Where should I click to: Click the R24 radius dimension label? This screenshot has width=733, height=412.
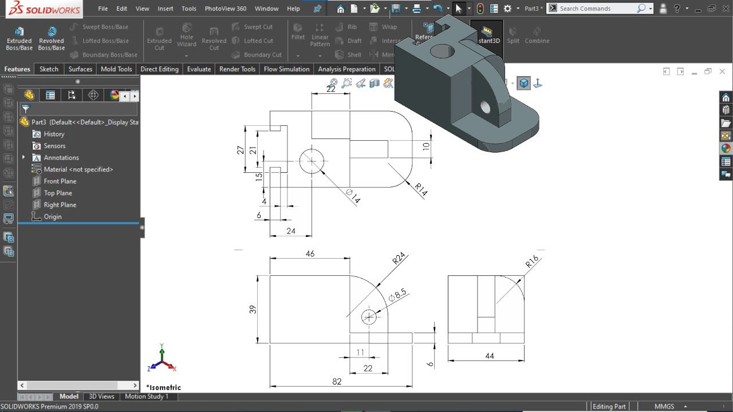coord(399,258)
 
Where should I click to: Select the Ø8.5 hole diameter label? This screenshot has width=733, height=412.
coord(397,295)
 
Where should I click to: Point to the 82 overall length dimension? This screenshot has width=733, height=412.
coord(337,381)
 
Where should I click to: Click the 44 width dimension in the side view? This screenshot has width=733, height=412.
coord(489,356)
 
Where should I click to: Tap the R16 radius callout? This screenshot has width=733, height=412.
coord(532,262)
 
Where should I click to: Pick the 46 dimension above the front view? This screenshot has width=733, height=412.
coord(310,253)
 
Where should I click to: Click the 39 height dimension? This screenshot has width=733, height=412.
coord(253,309)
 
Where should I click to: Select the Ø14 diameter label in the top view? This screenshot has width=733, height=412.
coord(353,196)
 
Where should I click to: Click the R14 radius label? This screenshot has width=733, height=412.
coord(421,189)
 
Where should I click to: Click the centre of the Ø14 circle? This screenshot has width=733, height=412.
coord(312,161)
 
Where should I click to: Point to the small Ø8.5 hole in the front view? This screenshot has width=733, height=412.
coord(369,317)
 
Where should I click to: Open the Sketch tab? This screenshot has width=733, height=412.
coord(49,69)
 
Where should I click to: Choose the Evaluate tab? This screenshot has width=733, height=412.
coord(199,69)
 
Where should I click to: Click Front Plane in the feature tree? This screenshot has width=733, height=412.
coord(60,181)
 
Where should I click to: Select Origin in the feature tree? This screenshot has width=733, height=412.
coord(53,217)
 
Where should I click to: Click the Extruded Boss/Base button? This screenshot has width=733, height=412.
coord(19,38)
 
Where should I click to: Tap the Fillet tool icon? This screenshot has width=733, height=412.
coord(298,32)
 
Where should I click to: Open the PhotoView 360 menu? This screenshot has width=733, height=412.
coord(225,9)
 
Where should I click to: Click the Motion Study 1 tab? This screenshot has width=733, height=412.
coord(147,397)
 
